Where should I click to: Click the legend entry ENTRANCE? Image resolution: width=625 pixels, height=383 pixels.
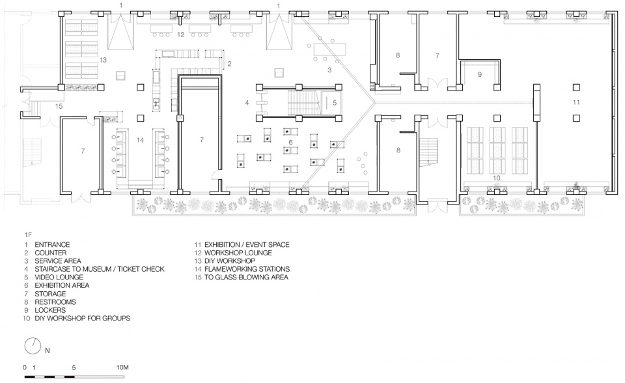coord(52,244)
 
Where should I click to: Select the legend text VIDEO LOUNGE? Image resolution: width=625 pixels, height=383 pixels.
coord(59,277)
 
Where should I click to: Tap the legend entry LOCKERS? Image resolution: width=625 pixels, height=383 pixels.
coord(50,310)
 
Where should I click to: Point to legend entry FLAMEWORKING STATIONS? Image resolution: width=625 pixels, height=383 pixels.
coord(247,269)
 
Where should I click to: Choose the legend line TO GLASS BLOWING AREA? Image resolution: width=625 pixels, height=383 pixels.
coord(246,277)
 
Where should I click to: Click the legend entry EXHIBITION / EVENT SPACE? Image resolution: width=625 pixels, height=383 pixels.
coord(247,244)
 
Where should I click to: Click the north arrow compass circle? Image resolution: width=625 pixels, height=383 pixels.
coord(33,345)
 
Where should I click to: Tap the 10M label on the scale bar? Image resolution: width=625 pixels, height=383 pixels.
coord(122,367)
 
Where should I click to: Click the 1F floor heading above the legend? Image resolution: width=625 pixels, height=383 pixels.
coord(28,235)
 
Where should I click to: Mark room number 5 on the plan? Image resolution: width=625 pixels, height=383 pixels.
coord(335,103)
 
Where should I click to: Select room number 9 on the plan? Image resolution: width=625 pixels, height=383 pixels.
coord(480,75)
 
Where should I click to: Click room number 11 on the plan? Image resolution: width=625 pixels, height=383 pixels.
coord(576,102)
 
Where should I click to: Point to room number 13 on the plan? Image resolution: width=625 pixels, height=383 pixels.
coord(104,60)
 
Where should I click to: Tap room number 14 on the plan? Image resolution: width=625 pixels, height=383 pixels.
coord(140,140)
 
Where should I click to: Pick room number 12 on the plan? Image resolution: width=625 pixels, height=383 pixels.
coord(180,35)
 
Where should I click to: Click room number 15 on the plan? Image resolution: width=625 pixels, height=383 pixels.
coord(59,107)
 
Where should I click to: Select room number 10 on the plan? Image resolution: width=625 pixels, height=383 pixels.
coord(496,178)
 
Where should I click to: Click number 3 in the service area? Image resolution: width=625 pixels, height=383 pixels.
coord(329,70)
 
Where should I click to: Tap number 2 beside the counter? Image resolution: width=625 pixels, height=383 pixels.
coord(229,64)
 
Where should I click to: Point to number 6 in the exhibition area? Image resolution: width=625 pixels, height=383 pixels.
coord(290,143)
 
